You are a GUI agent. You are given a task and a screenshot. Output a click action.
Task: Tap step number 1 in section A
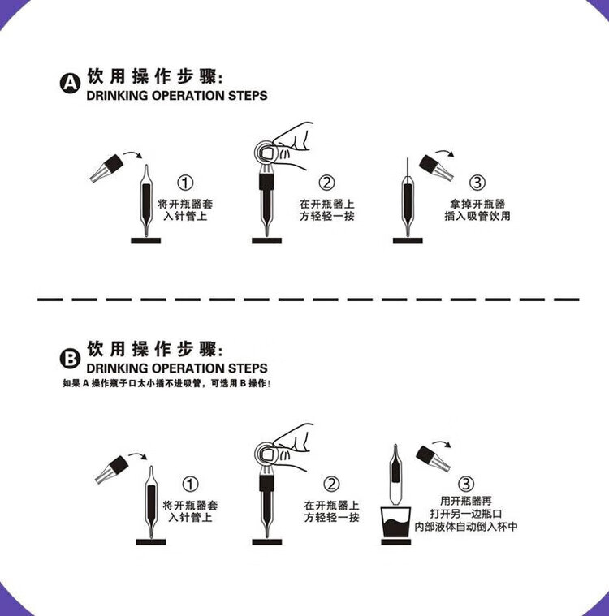click(187, 183)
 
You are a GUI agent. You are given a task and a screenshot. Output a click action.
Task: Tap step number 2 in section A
click(326, 183)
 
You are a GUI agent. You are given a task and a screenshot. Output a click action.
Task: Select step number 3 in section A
click(477, 183)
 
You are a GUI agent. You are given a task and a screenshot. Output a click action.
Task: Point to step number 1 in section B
click(190, 485)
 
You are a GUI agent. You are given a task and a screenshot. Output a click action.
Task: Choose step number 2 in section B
click(331, 485)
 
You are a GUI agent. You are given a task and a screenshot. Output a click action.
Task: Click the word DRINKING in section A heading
click(120, 96)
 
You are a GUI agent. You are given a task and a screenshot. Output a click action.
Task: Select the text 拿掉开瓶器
click(477, 205)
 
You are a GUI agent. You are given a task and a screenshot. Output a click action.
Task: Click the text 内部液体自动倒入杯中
click(465, 527)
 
